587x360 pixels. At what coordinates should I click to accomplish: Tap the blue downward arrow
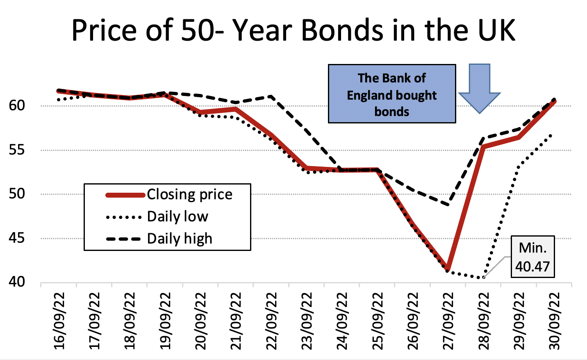(479, 88)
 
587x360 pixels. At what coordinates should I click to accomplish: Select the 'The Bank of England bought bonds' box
(392, 94)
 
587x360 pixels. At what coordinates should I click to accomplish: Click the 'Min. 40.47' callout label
(532, 257)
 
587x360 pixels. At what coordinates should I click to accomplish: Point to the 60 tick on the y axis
(17, 105)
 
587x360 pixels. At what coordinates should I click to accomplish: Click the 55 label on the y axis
(17, 150)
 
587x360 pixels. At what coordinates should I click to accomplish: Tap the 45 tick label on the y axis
(17, 238)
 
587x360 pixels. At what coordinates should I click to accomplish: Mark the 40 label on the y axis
(17, 282)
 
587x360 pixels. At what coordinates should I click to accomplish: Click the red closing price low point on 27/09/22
(448, 269)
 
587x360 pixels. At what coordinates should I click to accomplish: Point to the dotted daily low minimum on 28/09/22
(484, 278)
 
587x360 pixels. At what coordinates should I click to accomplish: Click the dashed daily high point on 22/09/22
(271, 96)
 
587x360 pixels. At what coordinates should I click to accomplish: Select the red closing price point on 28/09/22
(484, 146)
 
